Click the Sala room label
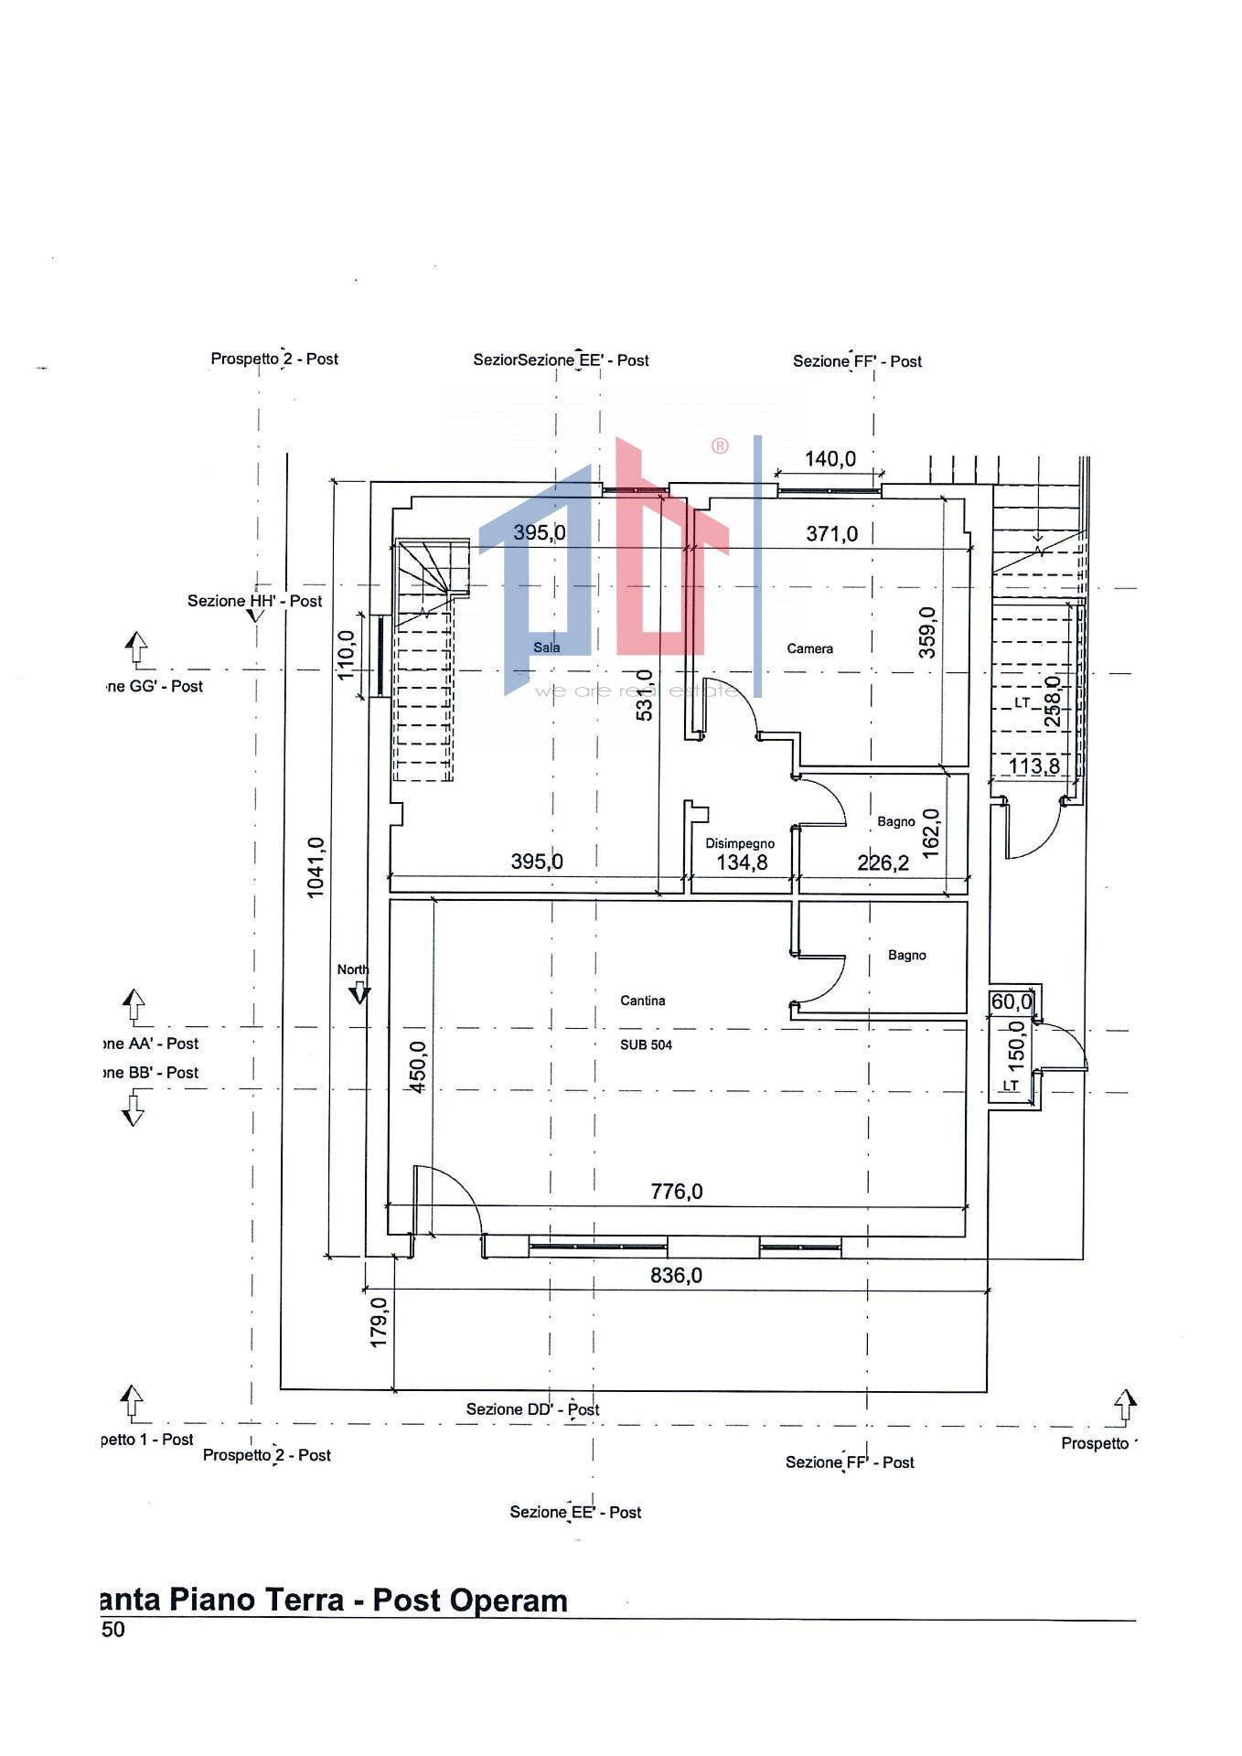(x=547, y=648)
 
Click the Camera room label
(x=809, y=649)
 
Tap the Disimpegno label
(x=740, y=844)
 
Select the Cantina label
(x=643, y=1001)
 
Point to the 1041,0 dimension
(x=316, y=868)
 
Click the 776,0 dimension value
(x=677, y=1192)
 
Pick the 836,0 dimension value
(x=677, y=1275)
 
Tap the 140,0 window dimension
(x=830, y=459)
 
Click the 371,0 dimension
(x=832, y=533)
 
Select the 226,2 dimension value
(x=883, y=862)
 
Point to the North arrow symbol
(x=359, y=994)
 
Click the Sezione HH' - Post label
(x=255, y=602)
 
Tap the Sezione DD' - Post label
(x=532, y=1409)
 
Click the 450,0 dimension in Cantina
(x=418, y=1068)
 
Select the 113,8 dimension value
(x=1033, y=766)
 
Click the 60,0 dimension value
(x=1011, y=1002)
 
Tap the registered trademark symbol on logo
(x=721, y=446)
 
